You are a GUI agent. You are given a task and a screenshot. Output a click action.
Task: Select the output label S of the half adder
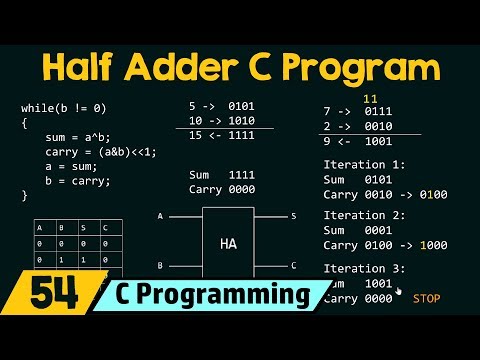click(x=293, y=215)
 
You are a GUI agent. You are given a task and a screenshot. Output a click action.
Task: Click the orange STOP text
click(x=426, y=298)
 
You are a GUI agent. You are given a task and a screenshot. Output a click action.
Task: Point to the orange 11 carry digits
click(x=369, y=99)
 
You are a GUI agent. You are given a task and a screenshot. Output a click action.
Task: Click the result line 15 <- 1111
click(x=221, y=134)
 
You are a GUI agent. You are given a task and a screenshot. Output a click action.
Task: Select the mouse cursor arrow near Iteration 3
click(x=399, y=291)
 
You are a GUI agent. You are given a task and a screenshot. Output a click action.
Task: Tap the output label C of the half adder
click(x=293, y=266)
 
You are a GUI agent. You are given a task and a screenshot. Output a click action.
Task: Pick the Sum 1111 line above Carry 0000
click(x=221, y=174)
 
